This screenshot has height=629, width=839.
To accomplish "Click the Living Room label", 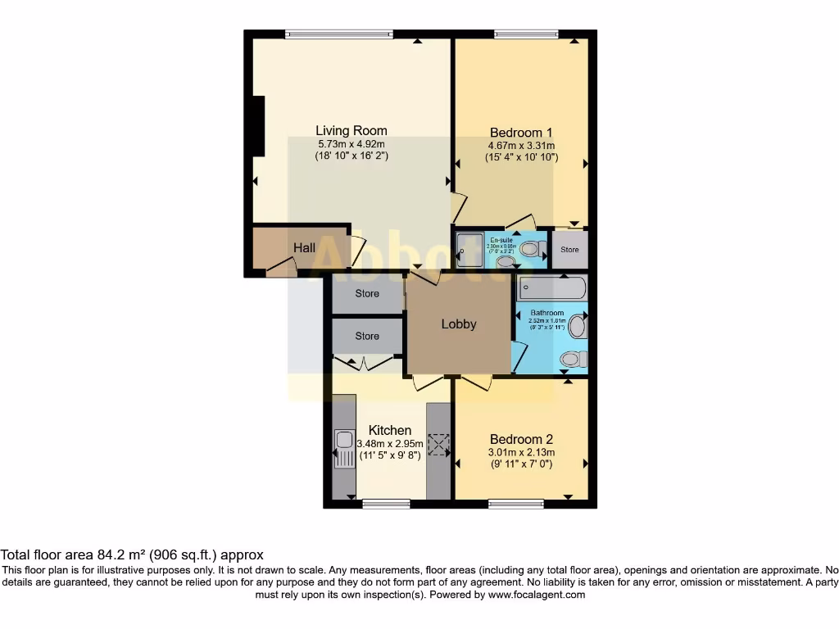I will click(x=351, y=130).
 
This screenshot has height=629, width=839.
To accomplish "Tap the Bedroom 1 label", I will click(x=521, y=133).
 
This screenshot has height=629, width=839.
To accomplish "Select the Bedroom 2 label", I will click(x=521, y=439).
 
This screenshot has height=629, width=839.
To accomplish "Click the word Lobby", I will click(x=459, y=324).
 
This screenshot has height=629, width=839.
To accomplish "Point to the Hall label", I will click(x=305, y=247).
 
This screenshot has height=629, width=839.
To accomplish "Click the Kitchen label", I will click(x=390, y=430).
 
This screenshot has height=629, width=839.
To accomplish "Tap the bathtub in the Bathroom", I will click(x=552, y=288).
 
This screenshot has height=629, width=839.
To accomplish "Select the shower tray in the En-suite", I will click(x=470, y=247).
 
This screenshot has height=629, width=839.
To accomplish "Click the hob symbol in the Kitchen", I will click(x=439, y=445).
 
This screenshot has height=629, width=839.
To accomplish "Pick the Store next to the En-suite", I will click(x=569, y=250).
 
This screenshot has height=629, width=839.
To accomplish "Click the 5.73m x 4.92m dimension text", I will click(x=351, y=143).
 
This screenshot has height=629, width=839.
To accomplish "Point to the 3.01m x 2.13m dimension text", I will click(x=521, y=452).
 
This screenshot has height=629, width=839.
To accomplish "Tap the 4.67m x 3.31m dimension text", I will click(x=521, y=145).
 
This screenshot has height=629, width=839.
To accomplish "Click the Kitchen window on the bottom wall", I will click(x=386, y=503).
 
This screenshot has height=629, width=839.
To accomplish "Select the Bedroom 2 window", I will click(x=515, y=503).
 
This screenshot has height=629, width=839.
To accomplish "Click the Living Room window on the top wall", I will click(x=338, y=34).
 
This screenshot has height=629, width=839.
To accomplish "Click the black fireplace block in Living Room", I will click(x=259, y=125).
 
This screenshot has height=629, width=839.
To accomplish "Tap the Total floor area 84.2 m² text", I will click(x=132, y=554).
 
